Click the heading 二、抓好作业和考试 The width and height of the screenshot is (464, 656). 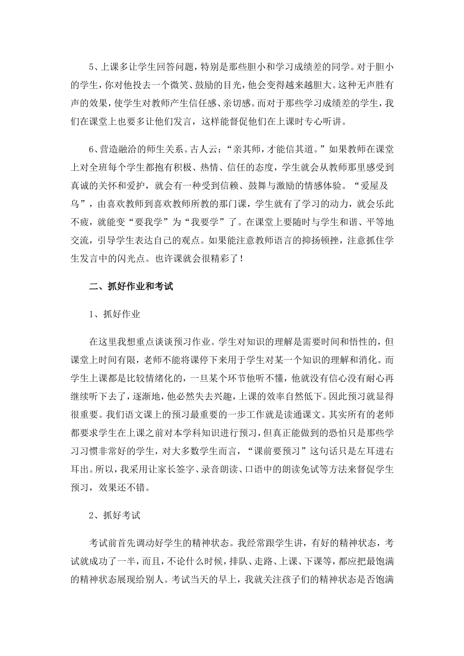[x=131, y=287]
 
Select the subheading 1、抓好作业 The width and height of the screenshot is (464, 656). [x=115, y=314]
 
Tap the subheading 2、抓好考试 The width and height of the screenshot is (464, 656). [x=115, y=514]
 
